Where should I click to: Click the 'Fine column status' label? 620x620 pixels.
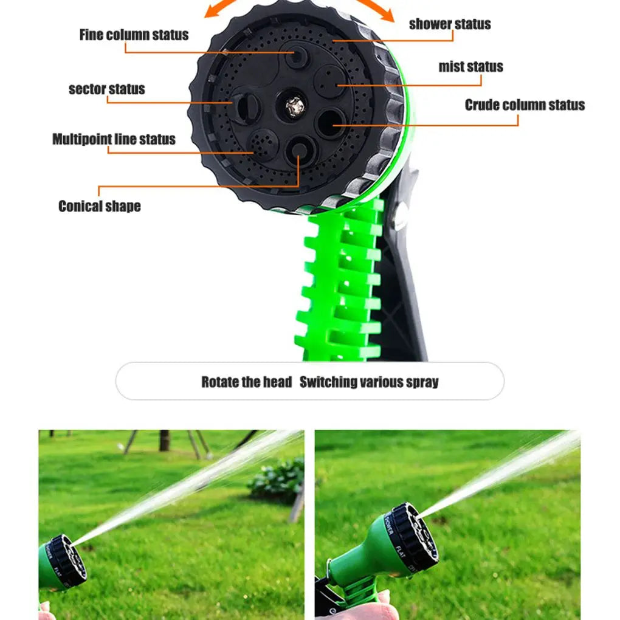tap(134, 35)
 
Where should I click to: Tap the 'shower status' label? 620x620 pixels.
tap(450, 24)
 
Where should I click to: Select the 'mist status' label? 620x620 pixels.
tap(470, 67)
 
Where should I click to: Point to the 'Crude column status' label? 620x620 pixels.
tap(525, 105)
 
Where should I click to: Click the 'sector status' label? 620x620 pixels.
tap(107, 89)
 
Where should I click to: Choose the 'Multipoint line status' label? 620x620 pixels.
tap(114, 139)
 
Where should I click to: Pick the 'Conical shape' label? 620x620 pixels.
tap(99, 206)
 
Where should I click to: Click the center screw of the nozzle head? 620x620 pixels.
tap(294, 107)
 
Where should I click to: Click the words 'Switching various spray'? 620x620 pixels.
tap(369, 382)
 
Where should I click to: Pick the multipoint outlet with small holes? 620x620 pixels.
tap(264, 144)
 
